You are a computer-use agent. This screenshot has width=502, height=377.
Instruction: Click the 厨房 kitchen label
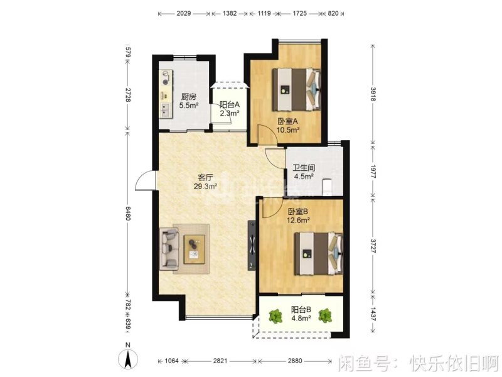[x=189, y=97]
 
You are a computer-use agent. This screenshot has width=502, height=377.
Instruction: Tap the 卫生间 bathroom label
[x=304, y=168]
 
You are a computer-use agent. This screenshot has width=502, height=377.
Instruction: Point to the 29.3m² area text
[x=205, y=187]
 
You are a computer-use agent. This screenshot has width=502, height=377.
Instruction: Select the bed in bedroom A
[x=297, y=89]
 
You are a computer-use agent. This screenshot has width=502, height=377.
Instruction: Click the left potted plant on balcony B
[x=274, y=316]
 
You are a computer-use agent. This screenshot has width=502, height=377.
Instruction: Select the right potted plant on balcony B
[x=325, y=315]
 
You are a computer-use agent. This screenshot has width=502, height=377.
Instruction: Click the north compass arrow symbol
[x=128, y=360]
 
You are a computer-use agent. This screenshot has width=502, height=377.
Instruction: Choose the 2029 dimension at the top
[x=184, y=13]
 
